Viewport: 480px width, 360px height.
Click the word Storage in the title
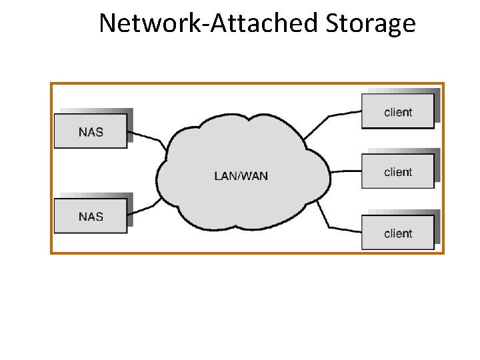(x=371, y=23)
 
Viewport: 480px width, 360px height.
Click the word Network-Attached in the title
(x=208, y=23)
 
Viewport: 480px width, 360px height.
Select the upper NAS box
(x=91, y=131)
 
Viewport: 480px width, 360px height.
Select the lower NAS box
(x=91, y=216)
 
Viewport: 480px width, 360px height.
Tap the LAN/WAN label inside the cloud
(x=241, y=176)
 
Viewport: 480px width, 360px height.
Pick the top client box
(x=398, y=111)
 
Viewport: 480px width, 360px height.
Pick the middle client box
(x=398, y=171)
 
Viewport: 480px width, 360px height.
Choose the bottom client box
(x=398, y=233)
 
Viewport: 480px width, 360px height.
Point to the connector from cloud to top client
(x=329, y=116)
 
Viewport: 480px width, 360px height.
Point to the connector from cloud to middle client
(x=346, y=171)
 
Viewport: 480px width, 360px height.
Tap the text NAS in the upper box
(x=91, y=132)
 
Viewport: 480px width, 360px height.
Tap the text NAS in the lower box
(x=91, y=217)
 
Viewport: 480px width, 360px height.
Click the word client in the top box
(x=398, y=113)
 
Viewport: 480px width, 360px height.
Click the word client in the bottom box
(x=398, y=233)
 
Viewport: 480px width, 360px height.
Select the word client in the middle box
(x=398, y=172)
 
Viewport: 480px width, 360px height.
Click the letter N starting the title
(x=108, y=23)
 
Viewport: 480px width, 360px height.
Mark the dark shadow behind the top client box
(x=437, y=105)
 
